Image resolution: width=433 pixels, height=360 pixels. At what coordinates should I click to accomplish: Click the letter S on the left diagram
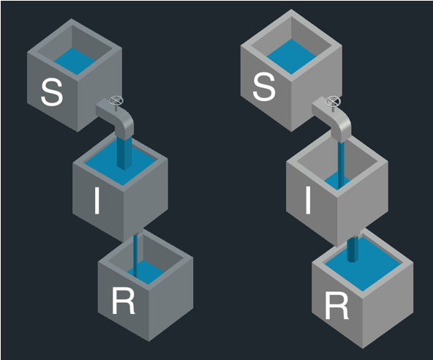tap(52, 92)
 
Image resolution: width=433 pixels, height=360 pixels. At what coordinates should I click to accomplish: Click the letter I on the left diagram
tap(97, 200)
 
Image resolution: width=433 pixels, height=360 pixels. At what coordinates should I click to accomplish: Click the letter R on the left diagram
tap(123, 301)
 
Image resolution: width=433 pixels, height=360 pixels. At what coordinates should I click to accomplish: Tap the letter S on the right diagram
tap(264, 86)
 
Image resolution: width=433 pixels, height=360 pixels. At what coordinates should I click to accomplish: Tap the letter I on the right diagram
tap(308, 200)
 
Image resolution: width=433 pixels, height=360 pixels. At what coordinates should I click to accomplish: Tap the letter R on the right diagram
tap(336, 306)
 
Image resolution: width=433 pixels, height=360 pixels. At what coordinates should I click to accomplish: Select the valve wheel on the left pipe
tap(116, 100)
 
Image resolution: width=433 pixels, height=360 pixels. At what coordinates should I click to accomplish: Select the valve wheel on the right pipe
tap(333, 101)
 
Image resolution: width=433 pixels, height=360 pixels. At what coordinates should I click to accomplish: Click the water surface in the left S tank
tap(75, 61)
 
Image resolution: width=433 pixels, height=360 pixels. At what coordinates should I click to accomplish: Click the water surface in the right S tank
tap(291, 56)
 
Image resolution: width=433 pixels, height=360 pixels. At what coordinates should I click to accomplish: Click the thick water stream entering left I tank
tap(124, 154)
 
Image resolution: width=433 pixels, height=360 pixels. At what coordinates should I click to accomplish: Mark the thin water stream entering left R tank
tap(135, 255)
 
